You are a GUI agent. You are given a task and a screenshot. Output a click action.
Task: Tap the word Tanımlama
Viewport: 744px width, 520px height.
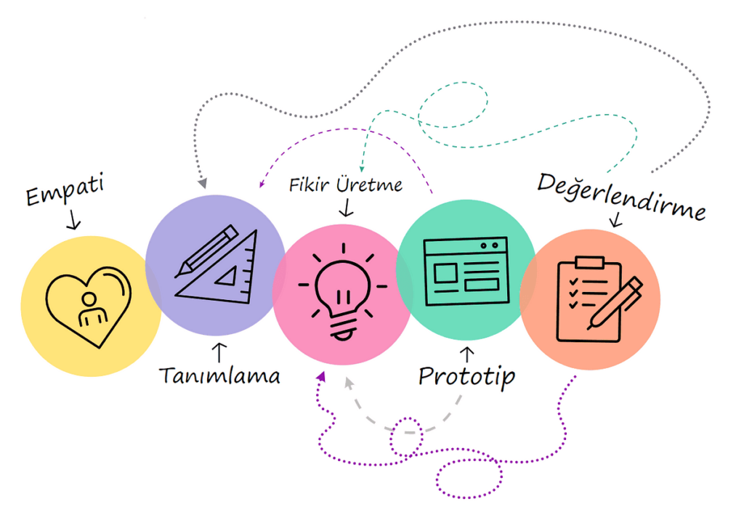[x=219, y=375]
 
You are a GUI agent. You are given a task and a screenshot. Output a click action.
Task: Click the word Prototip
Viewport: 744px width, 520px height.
[x=466, y=375]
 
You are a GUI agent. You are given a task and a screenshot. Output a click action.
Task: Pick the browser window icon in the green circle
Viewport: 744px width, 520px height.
[x=465, y=270]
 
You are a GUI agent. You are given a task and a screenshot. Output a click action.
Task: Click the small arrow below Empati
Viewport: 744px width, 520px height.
[x=73, y=219]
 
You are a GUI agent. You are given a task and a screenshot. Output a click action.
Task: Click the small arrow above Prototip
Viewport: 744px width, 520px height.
[x=468, y=354]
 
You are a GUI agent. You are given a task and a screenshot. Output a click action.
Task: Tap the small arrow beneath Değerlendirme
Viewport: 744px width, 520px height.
[x=618, y=219]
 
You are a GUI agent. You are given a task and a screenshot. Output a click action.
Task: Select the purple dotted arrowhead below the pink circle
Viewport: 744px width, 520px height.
[x=321, y=375]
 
